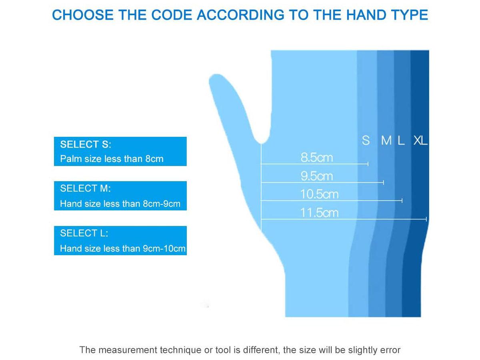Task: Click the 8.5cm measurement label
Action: point(316,158)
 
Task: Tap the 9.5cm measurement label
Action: point(316,176)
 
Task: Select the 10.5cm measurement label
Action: point(319,194)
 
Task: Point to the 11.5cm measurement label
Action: point(319,213)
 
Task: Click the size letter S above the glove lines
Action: point(366,140)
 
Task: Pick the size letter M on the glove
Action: point(386,140)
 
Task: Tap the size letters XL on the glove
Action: point(420,140)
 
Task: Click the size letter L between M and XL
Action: point(401,140)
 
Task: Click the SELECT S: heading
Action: point(86,144)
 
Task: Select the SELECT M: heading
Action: point(86,188)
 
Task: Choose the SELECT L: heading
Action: point(84,233)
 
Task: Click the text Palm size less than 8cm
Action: point(112,159)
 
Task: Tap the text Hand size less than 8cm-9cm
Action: point(120,204)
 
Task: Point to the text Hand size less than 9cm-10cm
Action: point(122,248)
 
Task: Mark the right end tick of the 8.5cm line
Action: point(368,164)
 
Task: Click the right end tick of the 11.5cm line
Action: point(426,219)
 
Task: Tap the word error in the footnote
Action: point(389,350)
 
